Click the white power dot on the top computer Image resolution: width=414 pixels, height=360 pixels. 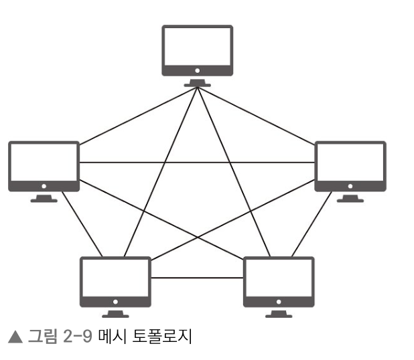tap(197, 70)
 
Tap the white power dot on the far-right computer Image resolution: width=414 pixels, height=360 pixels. tap(350, 185)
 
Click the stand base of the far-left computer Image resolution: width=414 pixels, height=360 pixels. tap(44, 199)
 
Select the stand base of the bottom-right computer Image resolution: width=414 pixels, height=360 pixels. tap(279, 314)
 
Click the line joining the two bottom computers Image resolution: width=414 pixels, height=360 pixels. tap(197, 277)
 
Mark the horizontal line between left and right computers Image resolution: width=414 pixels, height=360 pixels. tap(197, 162)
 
